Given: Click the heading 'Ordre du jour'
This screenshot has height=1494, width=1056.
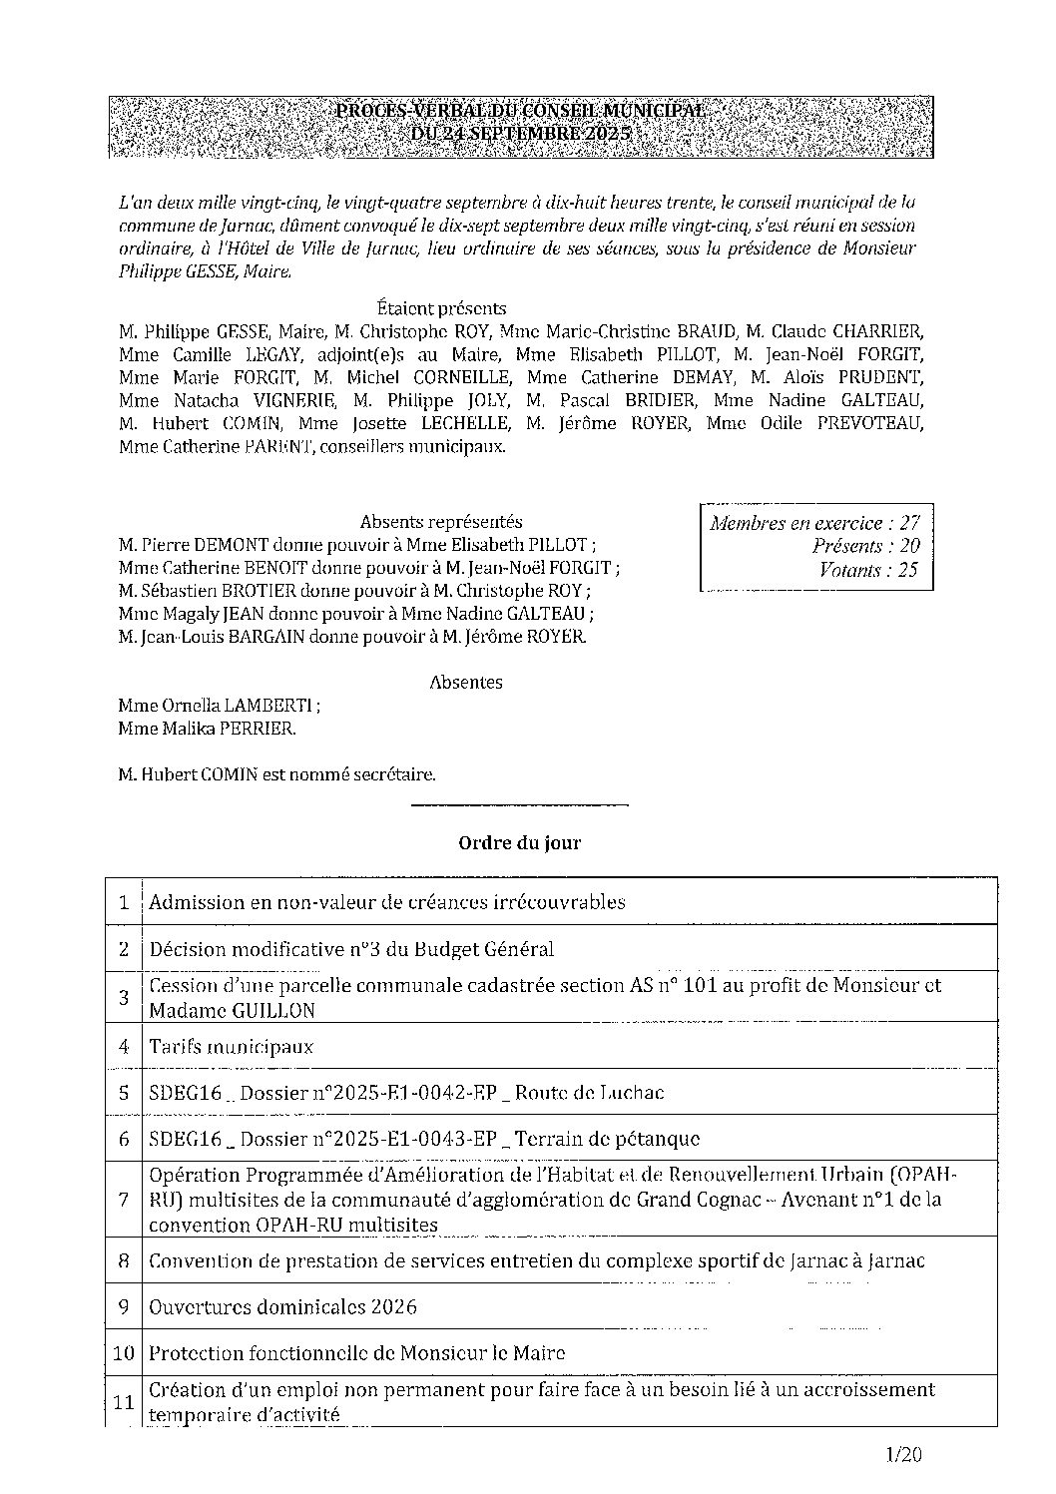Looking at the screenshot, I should pyautogui.click(x=519, y=843).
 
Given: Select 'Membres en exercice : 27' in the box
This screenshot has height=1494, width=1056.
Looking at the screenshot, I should pyautogui.click(x=814, y=523).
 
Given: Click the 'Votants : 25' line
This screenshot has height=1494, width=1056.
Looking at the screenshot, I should pyautogui.click(x=867, y=571).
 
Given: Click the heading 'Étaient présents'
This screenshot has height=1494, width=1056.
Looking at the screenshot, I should pyautogui.click(x=442, y=308).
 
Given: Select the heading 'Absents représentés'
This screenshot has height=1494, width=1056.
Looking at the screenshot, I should pyautogui.click(x=441, y=521).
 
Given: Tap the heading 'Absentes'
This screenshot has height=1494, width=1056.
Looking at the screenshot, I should pyautogui.click(x=465, y=683).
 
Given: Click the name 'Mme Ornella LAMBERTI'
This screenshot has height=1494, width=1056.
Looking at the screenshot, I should pyautogui.click(x=218, y=706).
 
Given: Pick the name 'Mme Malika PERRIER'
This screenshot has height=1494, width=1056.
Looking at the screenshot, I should pyautogui.click(x=206, y=729).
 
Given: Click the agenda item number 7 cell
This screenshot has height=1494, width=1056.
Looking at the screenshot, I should pyautogui.click(x=124, y=1199).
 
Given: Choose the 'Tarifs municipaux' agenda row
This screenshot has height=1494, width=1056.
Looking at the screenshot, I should pyautogui.click(x=232, y=1047).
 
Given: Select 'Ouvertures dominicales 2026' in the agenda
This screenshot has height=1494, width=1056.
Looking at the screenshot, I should pyautogui.click(x=282, y=1307).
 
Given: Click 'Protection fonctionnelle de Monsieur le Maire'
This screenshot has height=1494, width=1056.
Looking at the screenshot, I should pyautogui.click(x=356, y=1353).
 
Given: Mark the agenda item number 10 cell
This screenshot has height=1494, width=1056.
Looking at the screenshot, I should pyautogui.click(x=124, y=1353).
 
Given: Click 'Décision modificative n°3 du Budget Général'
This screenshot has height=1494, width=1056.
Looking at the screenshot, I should pyautogui.click(x=351, y=949).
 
